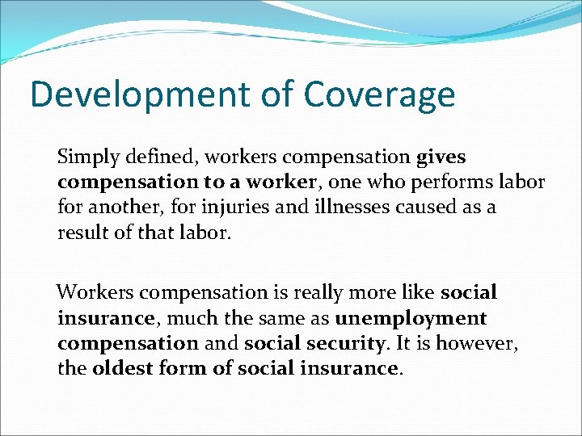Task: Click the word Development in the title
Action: point(136,94)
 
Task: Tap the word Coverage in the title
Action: point(379,94)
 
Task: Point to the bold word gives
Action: point(441,157)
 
